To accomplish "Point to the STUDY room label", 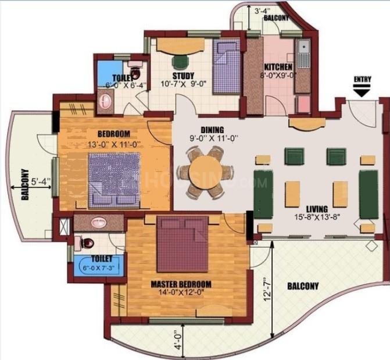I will [183, 76].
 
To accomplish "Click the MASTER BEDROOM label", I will [181, 284].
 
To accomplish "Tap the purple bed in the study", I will [226, 67].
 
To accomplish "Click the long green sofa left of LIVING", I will [263, 194].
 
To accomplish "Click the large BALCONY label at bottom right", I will [303, 286].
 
